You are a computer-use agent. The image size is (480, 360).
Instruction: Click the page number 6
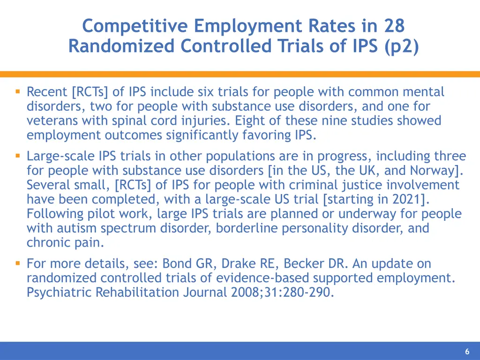467,352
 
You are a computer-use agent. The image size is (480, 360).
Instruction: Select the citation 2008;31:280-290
282,292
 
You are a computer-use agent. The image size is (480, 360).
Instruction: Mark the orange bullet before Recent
17,92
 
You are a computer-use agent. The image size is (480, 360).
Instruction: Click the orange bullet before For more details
17,263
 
